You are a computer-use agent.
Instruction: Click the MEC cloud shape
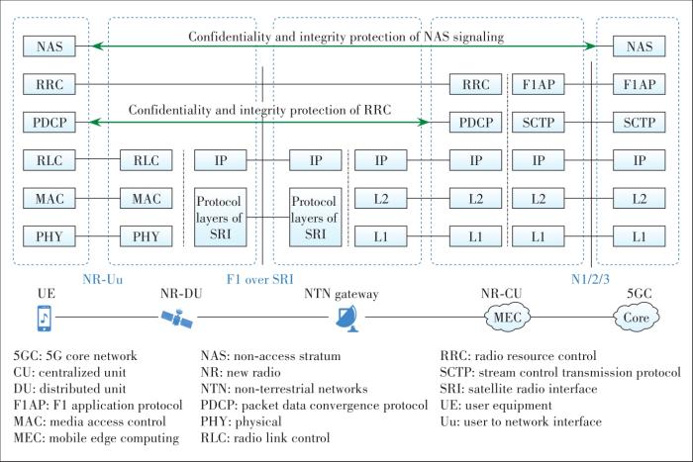coord(506,319)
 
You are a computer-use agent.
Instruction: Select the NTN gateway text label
coord(341,294)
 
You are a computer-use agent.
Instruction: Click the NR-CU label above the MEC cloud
coord(501,294)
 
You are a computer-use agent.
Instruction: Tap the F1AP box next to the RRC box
coord(543,85)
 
